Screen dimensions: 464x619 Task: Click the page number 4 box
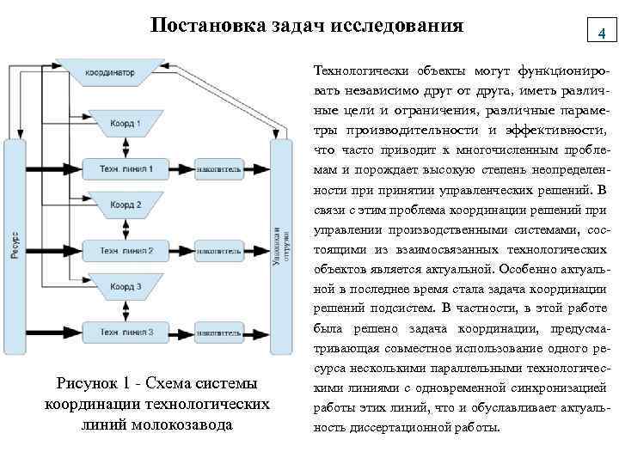602,33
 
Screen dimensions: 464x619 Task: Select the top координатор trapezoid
110,72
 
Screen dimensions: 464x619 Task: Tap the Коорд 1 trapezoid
126,123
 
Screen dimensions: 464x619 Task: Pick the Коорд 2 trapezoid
126,205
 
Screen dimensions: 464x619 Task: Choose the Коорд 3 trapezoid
126,286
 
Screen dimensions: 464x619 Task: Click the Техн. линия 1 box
126,169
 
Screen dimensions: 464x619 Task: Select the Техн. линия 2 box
126,251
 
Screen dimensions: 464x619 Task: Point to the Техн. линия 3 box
126,331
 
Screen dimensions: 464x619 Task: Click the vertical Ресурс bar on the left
15,249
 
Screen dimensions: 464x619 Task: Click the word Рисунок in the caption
85,382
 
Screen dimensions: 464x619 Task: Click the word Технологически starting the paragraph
362,70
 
